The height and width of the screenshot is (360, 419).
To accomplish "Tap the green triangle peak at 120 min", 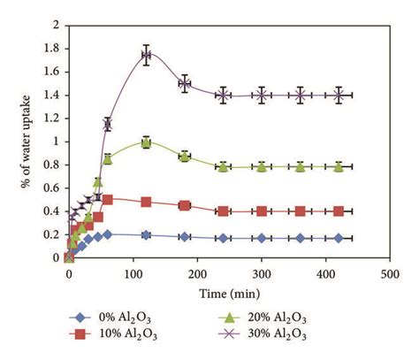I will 146,142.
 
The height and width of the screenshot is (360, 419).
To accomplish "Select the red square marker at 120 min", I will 146,202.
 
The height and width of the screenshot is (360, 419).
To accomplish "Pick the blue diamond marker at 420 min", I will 339,238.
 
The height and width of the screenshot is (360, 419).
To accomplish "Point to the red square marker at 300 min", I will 262,211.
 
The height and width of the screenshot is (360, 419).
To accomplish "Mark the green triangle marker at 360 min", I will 301,166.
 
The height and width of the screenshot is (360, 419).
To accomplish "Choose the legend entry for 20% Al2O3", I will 265,314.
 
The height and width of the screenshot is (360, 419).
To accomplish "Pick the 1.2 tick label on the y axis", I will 50,119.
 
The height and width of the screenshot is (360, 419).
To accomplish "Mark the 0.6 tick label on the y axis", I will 50,188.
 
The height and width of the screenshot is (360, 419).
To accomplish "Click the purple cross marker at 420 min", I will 339,96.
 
